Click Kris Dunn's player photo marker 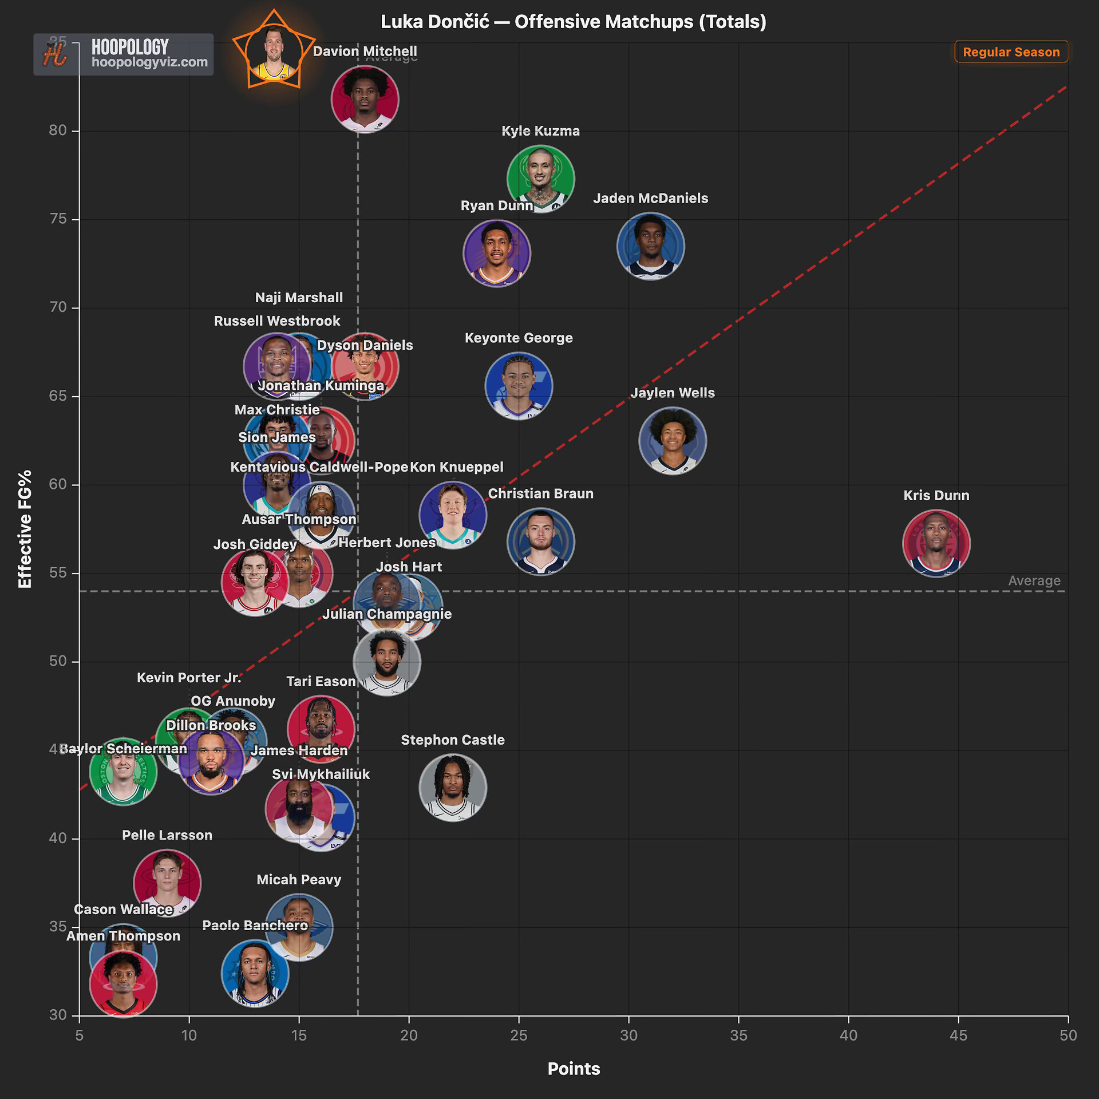(936, 543)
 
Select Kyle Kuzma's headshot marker (540, 179)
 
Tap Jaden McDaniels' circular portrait (650, 246)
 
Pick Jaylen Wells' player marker (673, 440)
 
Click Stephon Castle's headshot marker (453, 787)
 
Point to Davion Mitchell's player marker (365, 99)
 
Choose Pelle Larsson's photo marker (167, 882)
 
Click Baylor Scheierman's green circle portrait (123, 771)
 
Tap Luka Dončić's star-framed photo (274, 53)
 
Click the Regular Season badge (1011, 52)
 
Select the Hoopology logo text (130, 47)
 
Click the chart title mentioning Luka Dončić (573, 22)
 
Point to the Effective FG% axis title (25, 529)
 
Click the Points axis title (574, 1069)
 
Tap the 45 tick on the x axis (958, 1035)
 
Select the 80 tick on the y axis (58, 131)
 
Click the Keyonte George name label (519, 338)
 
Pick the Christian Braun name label (540, 493)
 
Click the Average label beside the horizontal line (1034, 580)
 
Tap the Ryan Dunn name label (496, 205)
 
